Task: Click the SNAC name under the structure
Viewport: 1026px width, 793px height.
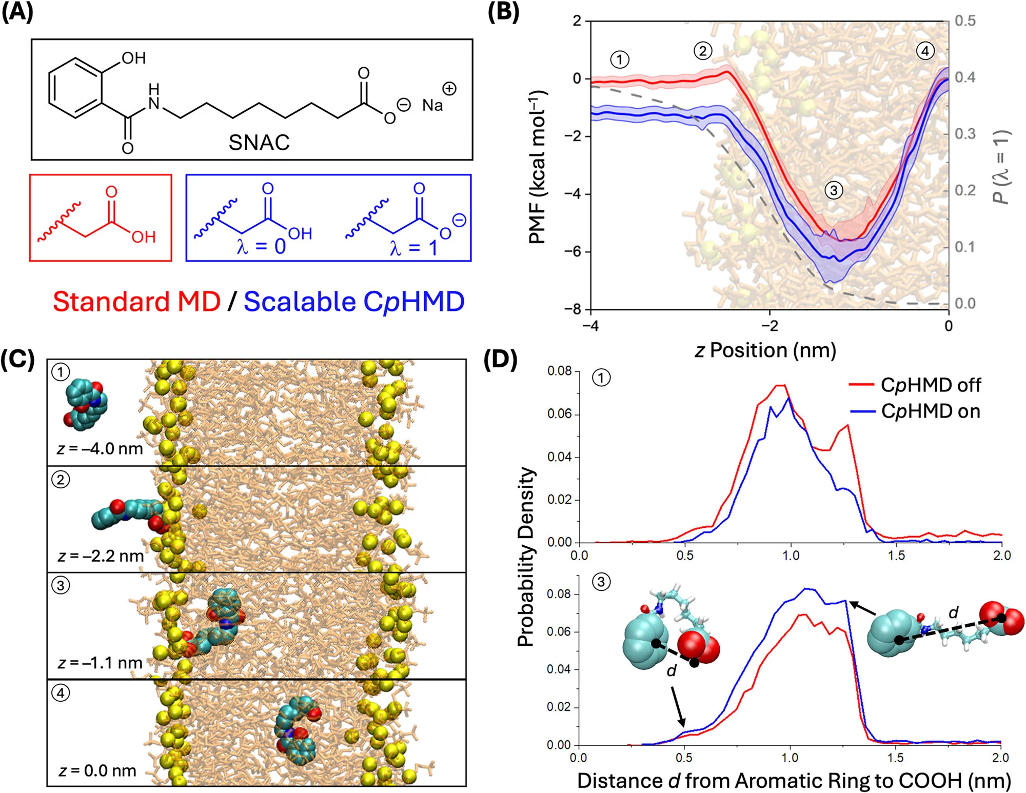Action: pos(259,143)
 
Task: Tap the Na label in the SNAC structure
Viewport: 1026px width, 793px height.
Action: pos(432,105)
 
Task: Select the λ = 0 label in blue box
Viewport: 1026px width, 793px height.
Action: pos(261,247)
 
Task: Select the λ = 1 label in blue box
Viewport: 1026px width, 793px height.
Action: pos(413,248)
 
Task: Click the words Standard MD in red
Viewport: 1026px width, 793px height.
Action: pos(137,302)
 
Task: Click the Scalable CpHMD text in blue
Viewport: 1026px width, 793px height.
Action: pos(354,302)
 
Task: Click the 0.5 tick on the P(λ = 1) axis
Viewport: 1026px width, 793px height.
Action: pos(965,21)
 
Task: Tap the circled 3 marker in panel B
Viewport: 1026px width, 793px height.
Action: pos(834,191)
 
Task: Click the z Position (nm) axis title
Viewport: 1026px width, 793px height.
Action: pos(765,351)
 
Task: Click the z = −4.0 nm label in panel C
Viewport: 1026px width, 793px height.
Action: pos(100,449)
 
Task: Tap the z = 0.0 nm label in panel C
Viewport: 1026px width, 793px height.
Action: pos(97,771)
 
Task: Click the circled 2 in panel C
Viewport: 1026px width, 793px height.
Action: pos(61,480)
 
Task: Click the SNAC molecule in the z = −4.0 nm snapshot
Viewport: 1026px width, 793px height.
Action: pos(85,403)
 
